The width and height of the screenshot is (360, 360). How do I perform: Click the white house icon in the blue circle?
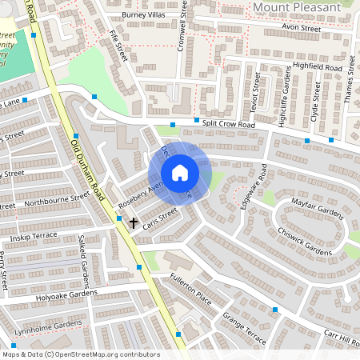(x=180, y=173)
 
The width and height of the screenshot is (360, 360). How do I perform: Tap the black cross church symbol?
(x=133, y=221)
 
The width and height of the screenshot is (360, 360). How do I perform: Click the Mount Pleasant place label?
(x=296, y=7)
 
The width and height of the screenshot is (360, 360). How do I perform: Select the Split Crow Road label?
(x=229, y=125)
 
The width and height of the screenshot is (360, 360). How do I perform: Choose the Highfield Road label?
(x=318, y=68)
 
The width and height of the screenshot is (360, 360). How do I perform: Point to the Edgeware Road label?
(x=253, y=187)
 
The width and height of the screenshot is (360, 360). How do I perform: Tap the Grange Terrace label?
(x=244, y=328)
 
